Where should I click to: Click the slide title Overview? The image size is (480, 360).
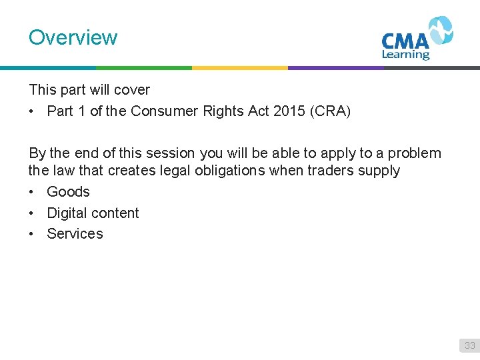(x=73, y=37)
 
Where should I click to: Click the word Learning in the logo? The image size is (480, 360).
(x=405, y=55)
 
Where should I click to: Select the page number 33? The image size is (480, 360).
(x=470, y=345)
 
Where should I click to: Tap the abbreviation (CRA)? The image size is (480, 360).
(x=330, y=111)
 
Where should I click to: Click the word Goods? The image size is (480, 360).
(x=68, y=192)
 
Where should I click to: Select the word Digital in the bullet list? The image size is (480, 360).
(x=68, y=213)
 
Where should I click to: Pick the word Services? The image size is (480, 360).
(x=75, y=234)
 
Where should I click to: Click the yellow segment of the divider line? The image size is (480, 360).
(x=240, y=67)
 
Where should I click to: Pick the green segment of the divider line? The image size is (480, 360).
(x=144, y=67)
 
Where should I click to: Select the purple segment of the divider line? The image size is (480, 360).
(x=336, y=67)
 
